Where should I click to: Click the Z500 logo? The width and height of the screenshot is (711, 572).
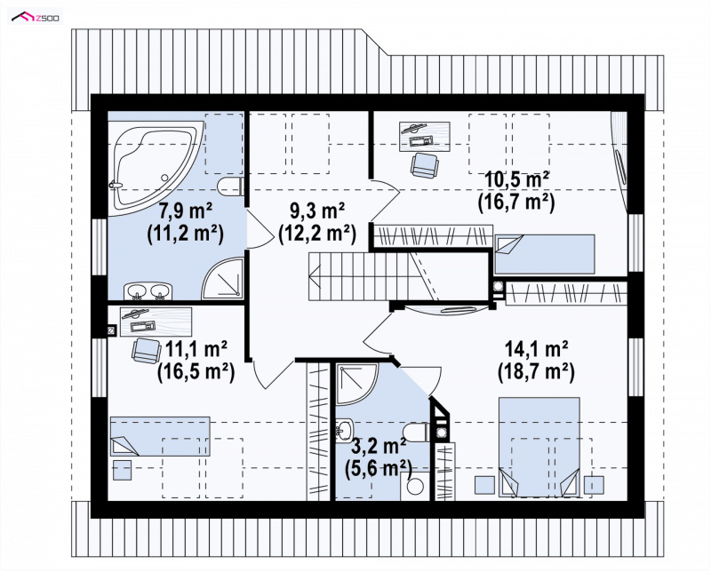pyautogui.click(x=36, y=18)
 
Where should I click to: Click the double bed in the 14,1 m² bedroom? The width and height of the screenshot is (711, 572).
pyautogui.click(x=539, y=447)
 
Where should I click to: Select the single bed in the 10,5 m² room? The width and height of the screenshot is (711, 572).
pyautogui.click(x=544, y=254)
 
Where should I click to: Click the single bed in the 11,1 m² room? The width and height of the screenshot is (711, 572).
pyautogui.click(x=160, y=436)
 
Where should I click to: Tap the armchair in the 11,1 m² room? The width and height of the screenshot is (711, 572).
pyautogui.click(x=147, y=350)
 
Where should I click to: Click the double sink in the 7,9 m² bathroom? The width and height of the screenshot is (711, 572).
pyautogui.click(x=148, y=290)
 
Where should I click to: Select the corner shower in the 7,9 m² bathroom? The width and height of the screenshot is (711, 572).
pyautogui.click(x=222, y=278)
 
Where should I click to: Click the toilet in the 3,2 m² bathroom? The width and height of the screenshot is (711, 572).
pyautogui.click(x=416, y=432)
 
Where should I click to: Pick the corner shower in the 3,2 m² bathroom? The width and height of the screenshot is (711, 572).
pyautogui.click(x=357, y=383)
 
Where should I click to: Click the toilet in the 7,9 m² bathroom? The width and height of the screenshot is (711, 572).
pyautogui.click(x=231, y=187)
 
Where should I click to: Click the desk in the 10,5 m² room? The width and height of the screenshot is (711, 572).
pyautogui.click(x=425, y=136)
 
